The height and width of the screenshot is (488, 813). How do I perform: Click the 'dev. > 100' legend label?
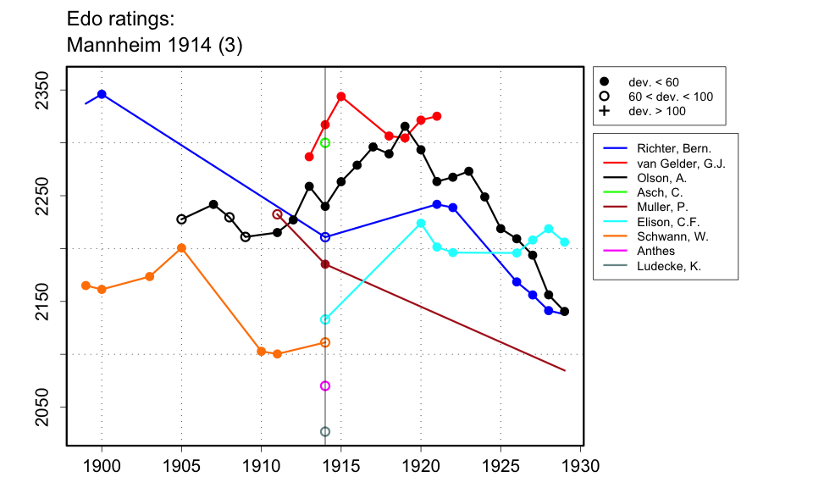click(657, 111)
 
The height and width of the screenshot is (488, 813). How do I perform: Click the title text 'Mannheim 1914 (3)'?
click(154, 46)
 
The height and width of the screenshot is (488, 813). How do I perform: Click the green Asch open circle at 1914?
click(325, 143)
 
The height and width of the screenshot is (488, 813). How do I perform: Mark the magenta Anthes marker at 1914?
click(325, 386)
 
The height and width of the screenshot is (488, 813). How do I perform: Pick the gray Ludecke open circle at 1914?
click(325, 432)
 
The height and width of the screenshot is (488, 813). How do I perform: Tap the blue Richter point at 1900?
click(102, 94)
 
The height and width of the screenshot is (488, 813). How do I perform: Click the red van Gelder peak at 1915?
click(341, 97)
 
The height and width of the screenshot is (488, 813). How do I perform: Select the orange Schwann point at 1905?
click(181, 248)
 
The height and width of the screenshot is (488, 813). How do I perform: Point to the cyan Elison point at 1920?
click(421, 223)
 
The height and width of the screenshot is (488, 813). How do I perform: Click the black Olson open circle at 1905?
click(181, 219)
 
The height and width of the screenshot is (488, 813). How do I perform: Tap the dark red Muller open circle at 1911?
click(277, 214)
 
